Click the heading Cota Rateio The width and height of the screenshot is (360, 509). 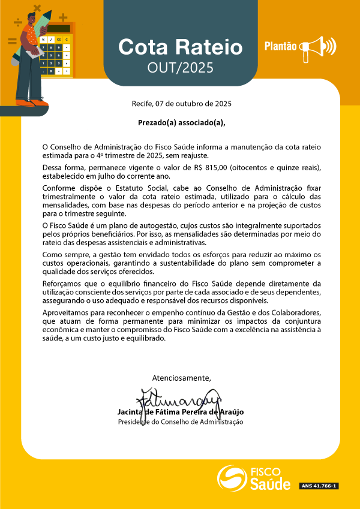tap(180, 47)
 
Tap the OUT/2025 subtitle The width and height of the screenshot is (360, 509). tap(180, 68)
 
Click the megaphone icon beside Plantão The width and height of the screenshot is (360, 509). tap(318, 47)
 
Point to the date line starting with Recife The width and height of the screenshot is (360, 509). tap(181, 104)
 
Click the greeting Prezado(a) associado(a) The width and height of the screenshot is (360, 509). tap(181, 124)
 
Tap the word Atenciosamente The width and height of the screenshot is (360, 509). tap(181, 378)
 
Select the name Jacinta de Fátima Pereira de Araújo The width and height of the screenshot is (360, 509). tap(181, 412)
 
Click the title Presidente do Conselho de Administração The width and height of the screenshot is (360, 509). tap(181, 422)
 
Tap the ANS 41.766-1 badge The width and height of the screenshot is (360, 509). tap(319, 486)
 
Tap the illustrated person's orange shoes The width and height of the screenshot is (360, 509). tap(32, 103)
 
